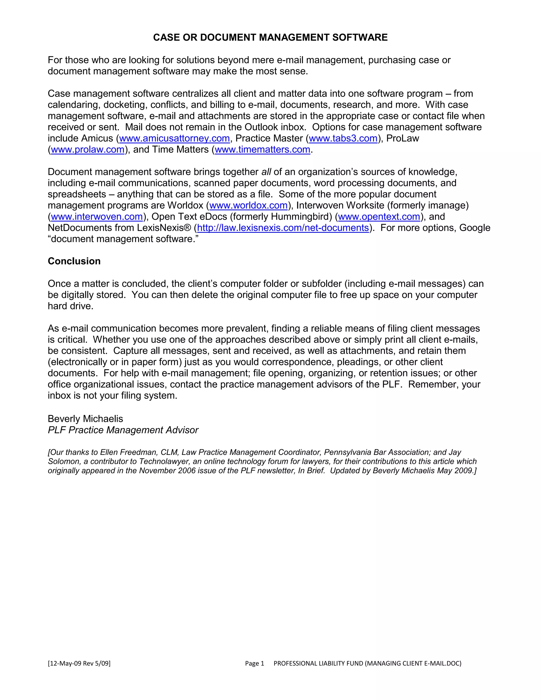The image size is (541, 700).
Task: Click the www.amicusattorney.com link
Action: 174,138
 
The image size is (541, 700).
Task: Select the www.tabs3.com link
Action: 343,138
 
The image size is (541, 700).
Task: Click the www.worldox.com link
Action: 248,205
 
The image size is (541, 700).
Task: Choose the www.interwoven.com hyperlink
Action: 97,216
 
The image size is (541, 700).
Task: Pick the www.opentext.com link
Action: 379,216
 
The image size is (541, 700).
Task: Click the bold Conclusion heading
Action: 74,261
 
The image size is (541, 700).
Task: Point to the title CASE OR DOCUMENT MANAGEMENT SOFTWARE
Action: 270,38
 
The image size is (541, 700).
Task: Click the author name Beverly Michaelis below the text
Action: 85,419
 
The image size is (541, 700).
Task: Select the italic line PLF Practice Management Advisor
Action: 123,430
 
